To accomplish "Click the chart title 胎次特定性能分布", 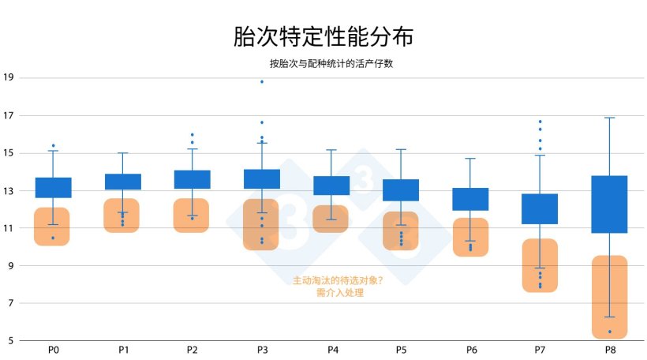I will point(323,36).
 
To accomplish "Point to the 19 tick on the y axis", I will point(9,77).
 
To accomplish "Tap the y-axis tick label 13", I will point(9,190).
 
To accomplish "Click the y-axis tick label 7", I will point(9,303).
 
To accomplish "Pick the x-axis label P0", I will point(53,349).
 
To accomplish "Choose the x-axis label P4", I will point(331,349).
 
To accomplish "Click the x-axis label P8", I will point(610,349).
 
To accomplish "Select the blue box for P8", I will point(609,204).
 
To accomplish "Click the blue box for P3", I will point(262,179).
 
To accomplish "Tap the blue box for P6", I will point(470,199).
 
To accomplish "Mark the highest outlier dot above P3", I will point(262,81).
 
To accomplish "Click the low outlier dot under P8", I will point(609,332).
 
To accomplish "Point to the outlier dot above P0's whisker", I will point(53,145).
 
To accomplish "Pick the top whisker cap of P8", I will point(609,118).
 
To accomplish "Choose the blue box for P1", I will point(123,182).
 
